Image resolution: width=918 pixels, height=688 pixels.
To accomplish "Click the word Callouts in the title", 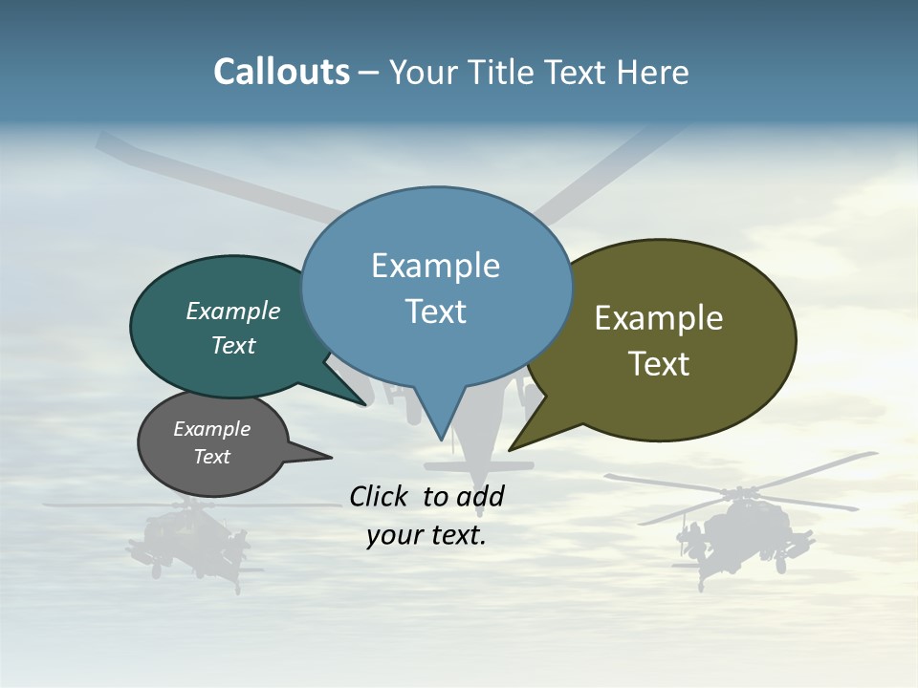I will [281, 73].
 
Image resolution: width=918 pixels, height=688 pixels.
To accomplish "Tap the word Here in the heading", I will [652, 73].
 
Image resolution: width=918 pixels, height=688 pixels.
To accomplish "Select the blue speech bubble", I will [436, 287].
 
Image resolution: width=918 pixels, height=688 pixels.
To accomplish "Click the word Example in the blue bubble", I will [435, 266].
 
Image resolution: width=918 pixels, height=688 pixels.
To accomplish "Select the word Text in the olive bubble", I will [659, 364].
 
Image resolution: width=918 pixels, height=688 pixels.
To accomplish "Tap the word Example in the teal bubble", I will [233, 311].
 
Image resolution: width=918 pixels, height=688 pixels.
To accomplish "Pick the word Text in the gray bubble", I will [212, 457].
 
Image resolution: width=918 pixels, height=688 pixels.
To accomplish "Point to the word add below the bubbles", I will [479, 496].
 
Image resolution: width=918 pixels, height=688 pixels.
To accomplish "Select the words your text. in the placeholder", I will [426, 535].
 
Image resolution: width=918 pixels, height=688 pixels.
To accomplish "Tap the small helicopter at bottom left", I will [186, 540].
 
